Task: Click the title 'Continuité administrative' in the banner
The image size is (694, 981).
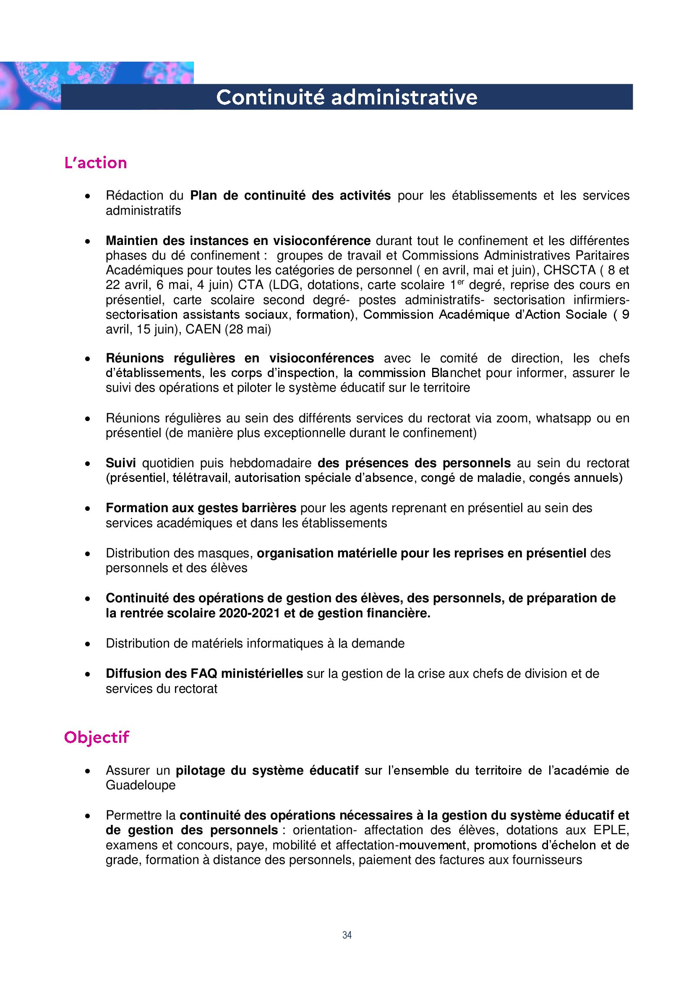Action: point(347,97)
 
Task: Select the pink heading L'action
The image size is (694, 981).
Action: point(96,163)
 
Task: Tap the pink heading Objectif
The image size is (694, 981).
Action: point(97,737)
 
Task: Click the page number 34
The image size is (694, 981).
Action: point(347,935)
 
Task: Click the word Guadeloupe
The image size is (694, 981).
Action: point(141,785)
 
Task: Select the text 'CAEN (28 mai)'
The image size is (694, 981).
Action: point(228,329)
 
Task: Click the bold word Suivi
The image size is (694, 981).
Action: point(121,463)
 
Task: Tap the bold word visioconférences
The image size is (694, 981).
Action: point(321,358)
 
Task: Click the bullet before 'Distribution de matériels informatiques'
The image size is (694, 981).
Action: point(88,643)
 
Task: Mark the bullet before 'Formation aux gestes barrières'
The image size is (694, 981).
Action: point(88,508)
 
